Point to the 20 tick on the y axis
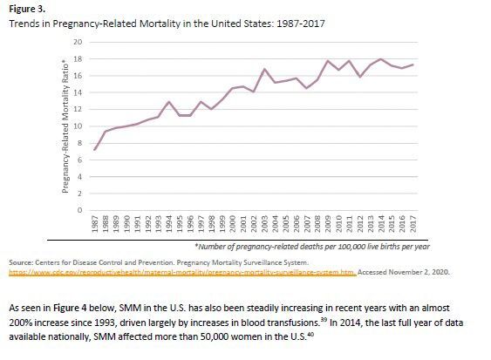78,43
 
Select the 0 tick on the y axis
79,211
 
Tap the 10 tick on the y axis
78,126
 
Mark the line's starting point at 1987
95,150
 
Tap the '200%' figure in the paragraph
22,323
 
